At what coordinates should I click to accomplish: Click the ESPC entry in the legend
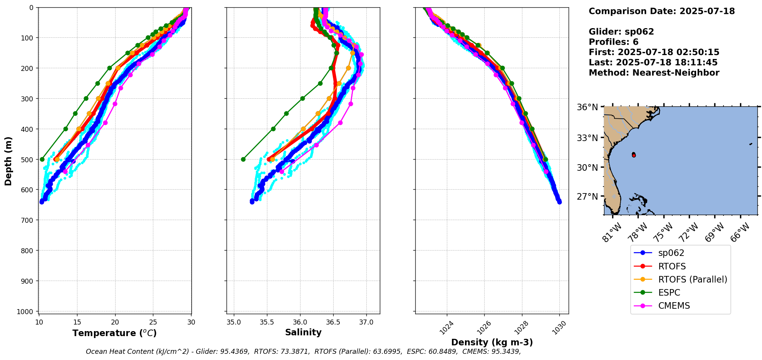pyautogui.click(x=669, y=293)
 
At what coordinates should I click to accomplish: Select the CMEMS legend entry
pyautogui.click(x=674, y=306)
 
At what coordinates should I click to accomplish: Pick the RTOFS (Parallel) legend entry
pyautogui.click(x=692, y=279)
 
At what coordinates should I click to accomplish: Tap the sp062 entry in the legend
pyautogui.click(x=671, y=253)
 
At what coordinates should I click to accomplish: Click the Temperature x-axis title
pyautogui.click(x=114, y=333)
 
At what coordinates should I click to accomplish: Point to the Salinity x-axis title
pyautogui.click(x=303, y=332)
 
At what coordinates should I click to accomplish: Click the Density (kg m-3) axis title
pyautogui.click(x=492, y=342)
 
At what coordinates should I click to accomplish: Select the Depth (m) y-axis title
pyautogui.click(x=8, y=161)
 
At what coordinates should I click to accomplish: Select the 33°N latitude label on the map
pyautogui.click(x=587, y=138)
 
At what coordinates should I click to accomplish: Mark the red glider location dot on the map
pyautogui.click(x=634, y=155)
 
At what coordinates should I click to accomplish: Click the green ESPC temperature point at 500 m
pyautogui.click(x=42, y=159)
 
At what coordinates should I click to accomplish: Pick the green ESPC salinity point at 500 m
pyautogui.click(x=243, y=159)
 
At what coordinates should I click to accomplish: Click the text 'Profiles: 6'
pyautogui.click(x=613, y=42)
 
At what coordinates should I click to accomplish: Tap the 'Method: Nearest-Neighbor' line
pyautogui.click(x=654, y=73)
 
